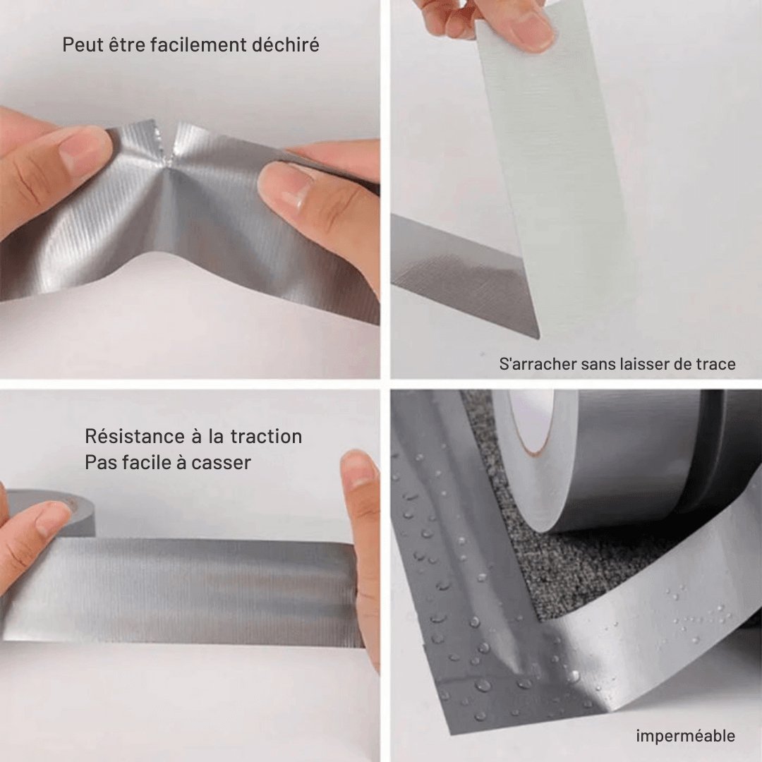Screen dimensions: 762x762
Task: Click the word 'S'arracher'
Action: tap(537, 364)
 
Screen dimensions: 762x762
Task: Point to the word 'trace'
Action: tap(714, 364)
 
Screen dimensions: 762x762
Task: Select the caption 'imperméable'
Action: tap(685, 737)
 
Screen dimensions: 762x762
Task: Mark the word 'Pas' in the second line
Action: tap(99, 463)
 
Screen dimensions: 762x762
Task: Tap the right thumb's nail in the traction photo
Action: tap(359, 471)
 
